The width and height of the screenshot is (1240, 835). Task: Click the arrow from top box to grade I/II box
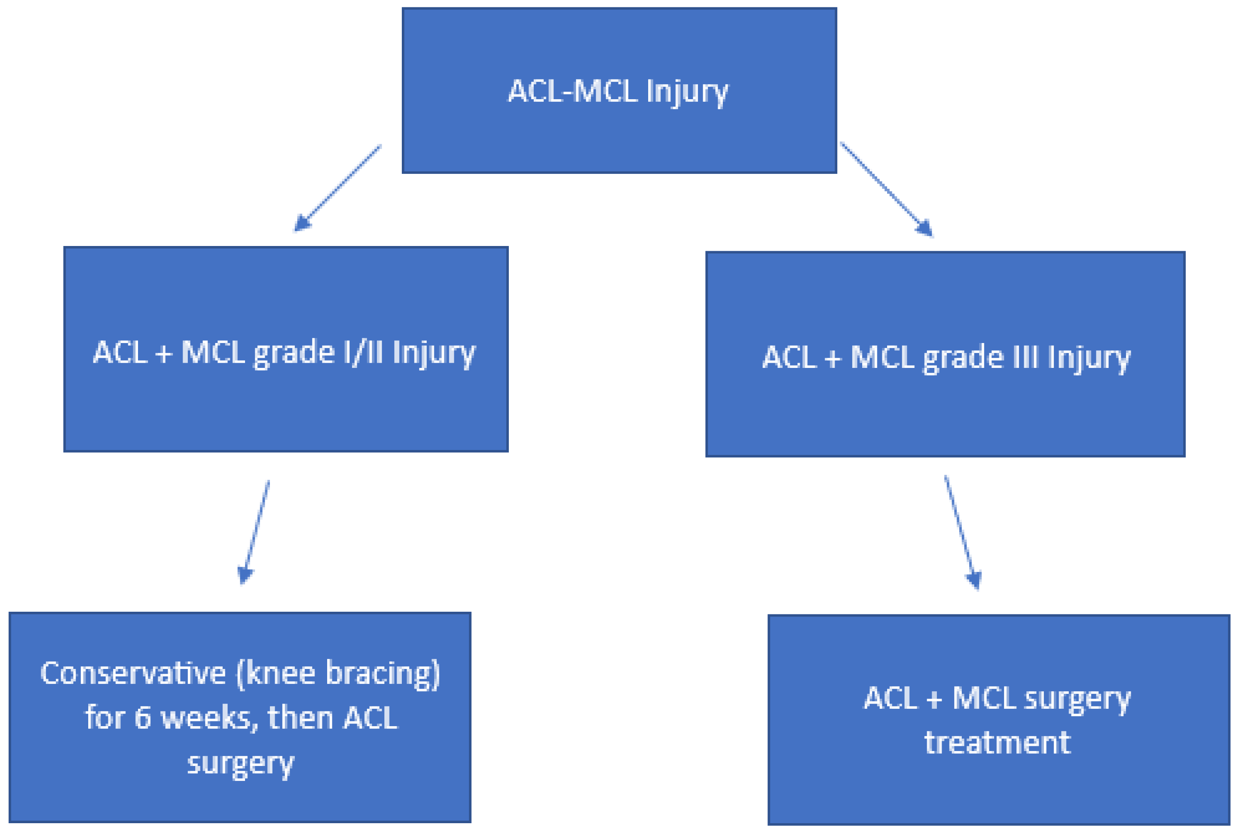click(338, 188)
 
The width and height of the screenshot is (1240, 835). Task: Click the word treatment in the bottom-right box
click(997, 742)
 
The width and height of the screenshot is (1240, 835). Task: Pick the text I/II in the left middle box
click(363, 353)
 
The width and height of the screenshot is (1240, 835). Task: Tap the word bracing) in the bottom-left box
click(383, 674)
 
